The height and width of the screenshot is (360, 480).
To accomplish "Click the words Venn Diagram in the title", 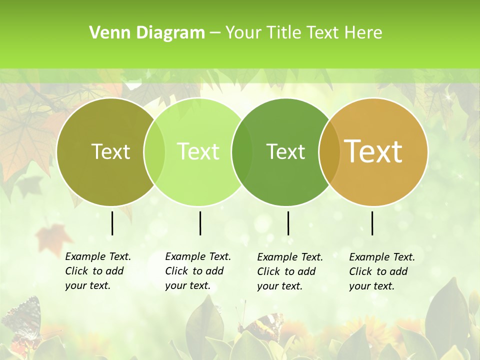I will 147,33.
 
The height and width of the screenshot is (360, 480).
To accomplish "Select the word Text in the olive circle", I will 110,151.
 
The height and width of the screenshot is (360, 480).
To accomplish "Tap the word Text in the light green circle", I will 198,151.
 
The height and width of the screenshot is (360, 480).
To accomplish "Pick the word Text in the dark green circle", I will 285,151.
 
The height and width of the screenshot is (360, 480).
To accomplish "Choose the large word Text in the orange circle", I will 373,151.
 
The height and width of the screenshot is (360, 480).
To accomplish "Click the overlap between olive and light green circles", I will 154,151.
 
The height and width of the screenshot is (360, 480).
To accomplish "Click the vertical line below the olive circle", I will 112,223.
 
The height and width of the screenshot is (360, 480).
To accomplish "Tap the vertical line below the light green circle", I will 200,223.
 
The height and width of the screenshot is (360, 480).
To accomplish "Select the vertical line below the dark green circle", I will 288,223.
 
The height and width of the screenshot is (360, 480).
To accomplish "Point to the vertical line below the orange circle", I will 372,223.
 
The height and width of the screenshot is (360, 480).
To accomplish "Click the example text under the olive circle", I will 97,271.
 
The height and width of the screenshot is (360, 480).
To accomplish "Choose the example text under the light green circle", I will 197,271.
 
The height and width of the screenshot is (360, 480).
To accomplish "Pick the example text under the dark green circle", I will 289,271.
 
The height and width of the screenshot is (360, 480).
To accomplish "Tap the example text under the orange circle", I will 381,271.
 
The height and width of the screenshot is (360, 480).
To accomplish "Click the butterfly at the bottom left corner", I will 22,320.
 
